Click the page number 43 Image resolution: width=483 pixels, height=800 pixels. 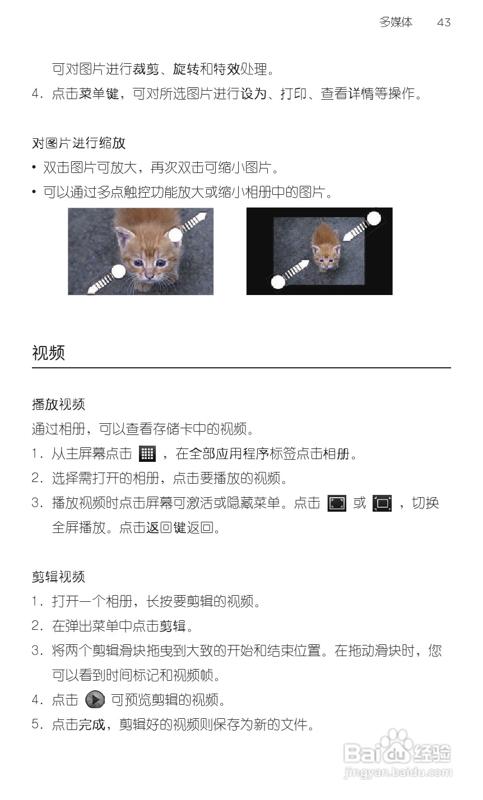(x=443, y=22)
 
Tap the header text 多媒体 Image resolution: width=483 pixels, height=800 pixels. (x=396, y=22)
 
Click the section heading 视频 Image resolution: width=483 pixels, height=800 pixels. (x=49, y=353)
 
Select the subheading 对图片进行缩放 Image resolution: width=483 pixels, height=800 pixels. (x=78, y=143)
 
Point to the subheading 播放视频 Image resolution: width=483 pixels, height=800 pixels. (x=58, y=404)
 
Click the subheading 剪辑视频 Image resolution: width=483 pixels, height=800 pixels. (x=58, y=577)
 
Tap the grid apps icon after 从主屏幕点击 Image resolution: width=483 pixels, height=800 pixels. (x=147, y=454)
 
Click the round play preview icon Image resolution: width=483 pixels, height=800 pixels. (x=95, y=700)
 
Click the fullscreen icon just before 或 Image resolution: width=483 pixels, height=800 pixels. (x=337, y=503)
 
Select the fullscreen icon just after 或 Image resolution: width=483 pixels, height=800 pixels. (x=382, y=503)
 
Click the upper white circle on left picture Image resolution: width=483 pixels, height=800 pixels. (x=176, y=235)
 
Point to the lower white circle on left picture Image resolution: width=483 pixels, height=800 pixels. (x=118, y=272)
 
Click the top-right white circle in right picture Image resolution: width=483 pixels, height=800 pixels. (x=374, y=218)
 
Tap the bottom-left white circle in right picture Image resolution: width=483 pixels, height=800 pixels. (x=278, y=282)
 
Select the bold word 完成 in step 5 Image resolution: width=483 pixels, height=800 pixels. (x=91, y=725)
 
